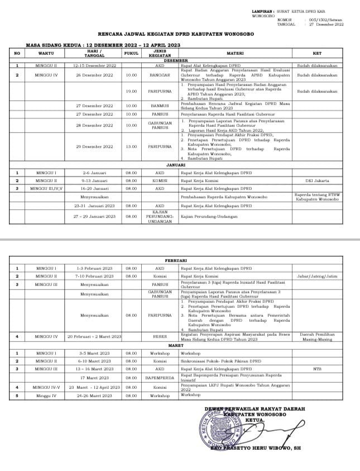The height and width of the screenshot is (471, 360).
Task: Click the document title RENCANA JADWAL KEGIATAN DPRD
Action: pyautogui.click(x=180, y=34)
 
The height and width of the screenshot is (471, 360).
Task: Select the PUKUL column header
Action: pyautogui.click(x=131, y=53)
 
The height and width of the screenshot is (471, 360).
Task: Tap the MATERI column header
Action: pyautogui.click(x=235, y=53)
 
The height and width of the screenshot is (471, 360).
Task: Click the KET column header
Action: pyautogui.click(x=317, y=53)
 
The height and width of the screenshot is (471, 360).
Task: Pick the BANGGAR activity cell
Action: pyautogui.click(x=160, y=75)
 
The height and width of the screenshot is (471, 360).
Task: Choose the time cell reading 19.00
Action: pyautogui.click(x=131, y=91)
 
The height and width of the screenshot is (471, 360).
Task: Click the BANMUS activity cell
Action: pyautogui.click(x=160, y=105)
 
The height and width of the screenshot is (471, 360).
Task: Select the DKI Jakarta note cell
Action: pyautogui.click(x=317, y=181)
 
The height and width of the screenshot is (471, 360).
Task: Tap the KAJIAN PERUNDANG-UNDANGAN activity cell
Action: pyautogui.click(x=160, y=216)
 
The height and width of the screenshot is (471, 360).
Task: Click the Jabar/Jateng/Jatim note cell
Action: pyautogui.click(x=317, y=276)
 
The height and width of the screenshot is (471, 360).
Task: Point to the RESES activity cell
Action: pyautogui.click(x=160, y=337)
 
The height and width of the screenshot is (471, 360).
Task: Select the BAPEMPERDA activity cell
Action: pyautogui.click(x=160, y=378)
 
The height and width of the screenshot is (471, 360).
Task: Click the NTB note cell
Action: pyautogui.click(x=317, y=369)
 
